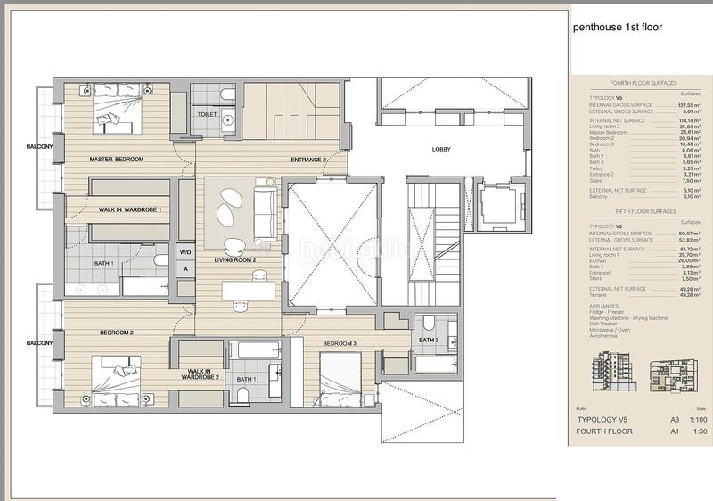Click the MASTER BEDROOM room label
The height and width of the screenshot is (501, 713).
click(116, 160)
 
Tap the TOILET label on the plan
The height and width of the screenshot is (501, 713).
click(207, 115)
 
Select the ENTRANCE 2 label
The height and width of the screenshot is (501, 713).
click(308, 160)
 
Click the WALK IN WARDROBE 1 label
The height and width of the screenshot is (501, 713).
click(129, 210)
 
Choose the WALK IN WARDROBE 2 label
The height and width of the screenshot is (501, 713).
click(202, 374)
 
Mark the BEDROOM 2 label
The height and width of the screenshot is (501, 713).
click(116, 333)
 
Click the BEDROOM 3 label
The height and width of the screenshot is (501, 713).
click(339, 343)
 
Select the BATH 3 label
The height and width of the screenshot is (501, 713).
click(429, 340)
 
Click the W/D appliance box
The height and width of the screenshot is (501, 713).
click(186, 252)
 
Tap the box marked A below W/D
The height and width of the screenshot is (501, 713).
click(186, 268)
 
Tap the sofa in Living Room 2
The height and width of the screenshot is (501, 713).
click(264, 209)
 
